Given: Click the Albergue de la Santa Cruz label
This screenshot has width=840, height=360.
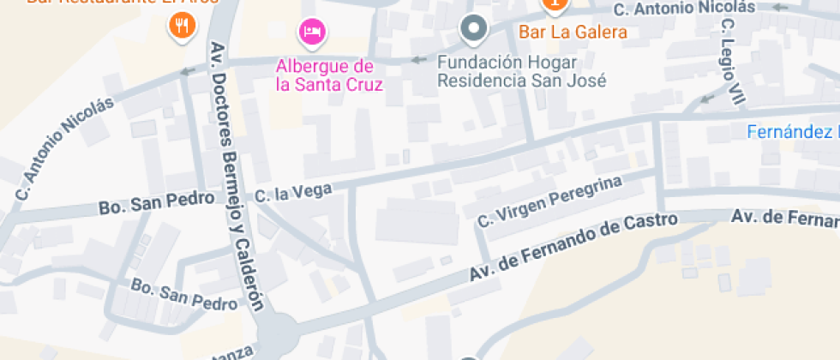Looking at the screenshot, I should [x=328, y=75].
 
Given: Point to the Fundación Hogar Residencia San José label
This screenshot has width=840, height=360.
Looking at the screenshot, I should [x=521, y=72].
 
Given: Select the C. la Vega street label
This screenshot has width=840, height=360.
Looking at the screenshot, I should [x=293, y=193].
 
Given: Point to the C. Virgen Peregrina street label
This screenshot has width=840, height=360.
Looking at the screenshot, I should [x=548, y=203].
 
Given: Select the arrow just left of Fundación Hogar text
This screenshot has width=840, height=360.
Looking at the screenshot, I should [x=418, y=60].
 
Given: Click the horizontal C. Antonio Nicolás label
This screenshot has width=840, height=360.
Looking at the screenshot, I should [x=684, y=9].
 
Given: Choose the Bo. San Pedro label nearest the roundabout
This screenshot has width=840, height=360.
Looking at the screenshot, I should [x=182, y=294].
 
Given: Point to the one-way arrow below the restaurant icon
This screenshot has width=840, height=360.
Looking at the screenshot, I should [x=187, y=71].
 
